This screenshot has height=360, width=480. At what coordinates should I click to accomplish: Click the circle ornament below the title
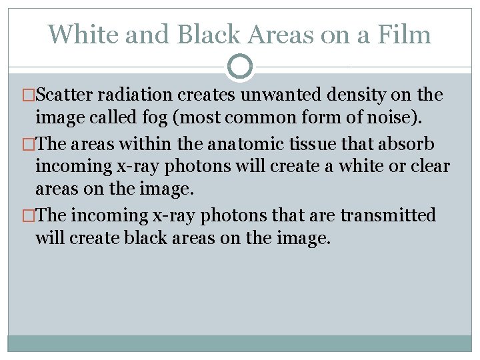point(240,67)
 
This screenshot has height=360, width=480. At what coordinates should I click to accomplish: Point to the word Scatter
point(66,95)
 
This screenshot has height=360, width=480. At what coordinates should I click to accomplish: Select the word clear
point(427,167)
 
